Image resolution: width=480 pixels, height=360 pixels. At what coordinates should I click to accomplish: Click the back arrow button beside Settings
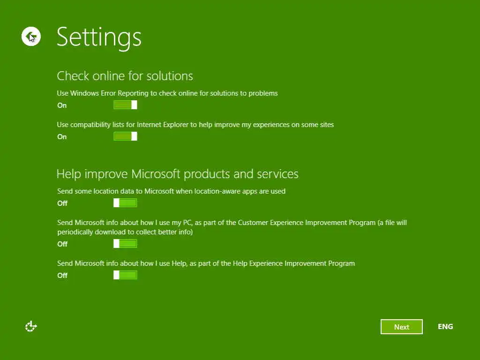point(31,37)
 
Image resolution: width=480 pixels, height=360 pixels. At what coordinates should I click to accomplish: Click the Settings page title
point(99,37)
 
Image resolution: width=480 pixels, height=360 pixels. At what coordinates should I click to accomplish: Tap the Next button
point(401,327)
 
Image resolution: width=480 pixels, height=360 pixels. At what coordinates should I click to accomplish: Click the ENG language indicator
point(445,327)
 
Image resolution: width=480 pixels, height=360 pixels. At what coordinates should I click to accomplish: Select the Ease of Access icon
point(31,326)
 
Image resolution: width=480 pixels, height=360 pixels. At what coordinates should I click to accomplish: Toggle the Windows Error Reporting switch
point(125,105)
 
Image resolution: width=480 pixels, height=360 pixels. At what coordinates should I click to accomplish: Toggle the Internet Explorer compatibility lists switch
point(125,136)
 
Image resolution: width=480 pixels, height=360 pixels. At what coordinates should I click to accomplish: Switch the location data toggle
point(125,202)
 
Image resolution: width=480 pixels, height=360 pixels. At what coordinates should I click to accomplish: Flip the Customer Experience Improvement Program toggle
point(125,243)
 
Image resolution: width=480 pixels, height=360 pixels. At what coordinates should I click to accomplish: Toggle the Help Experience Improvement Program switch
point(125,275)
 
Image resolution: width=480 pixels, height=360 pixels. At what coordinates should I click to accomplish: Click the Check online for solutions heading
point(125,76)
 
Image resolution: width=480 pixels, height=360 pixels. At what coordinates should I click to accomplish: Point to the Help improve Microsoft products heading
point(178,174)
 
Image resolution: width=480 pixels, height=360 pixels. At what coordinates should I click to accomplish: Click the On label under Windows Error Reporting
point(62,105)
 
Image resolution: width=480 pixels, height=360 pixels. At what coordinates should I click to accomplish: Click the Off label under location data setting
point(62,203)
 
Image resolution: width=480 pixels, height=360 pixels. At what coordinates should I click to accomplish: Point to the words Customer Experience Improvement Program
point(307,223)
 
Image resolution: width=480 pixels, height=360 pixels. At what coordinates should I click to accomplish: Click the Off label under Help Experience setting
point(62,276)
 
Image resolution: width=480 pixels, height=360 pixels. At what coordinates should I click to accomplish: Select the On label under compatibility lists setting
point(62,137)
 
